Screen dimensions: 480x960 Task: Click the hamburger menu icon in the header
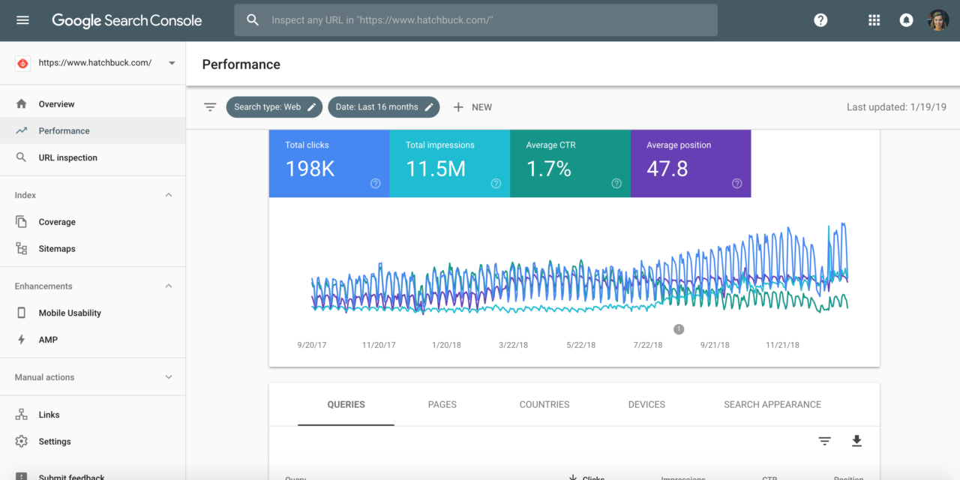coord(22,20)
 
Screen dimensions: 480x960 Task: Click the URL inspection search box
coord(475,20)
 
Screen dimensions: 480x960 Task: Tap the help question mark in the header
coord(820,20)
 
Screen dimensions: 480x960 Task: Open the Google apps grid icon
coord(874,20)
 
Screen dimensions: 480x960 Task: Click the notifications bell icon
coord(906,20)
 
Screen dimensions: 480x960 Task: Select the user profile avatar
coord(938,20)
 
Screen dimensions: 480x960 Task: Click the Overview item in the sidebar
coord(57,104)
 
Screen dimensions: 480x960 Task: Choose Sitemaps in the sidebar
coord(57,249)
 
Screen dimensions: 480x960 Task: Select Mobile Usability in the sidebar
coord(70,313)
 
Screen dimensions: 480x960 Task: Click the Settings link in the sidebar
coord(55,442)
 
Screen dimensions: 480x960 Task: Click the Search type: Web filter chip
coord(274,107)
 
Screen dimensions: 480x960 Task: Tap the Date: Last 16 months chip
coord(384,107)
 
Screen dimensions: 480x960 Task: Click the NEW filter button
coord(472,107)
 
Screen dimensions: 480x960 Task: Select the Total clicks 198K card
coord(328,163)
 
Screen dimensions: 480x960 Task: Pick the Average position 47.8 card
coord(690,163)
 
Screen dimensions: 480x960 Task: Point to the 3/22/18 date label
coord(514,345)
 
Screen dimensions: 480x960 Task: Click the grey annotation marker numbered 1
coord(679,328)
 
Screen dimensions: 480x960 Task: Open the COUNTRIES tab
coord(544,405)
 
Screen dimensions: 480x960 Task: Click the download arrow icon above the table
coord(856,441)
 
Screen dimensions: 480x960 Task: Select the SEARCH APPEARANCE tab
coord(772,405)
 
